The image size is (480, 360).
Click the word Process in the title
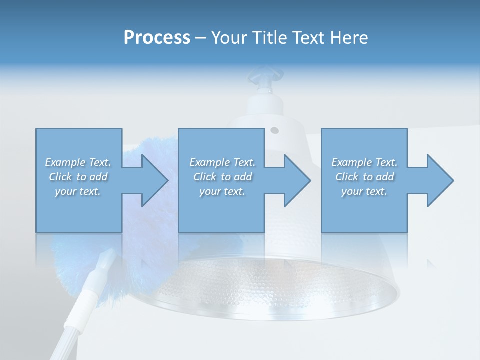[x=157, y=38]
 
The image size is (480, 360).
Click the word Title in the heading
[x=270, y=38]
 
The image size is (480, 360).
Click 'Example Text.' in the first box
[x=78, y=162]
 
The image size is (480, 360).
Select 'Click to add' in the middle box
[x=222, y=177]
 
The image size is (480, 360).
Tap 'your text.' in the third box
[x=364, y=191]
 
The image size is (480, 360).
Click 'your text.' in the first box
[x=78, y=191]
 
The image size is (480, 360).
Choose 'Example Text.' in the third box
[x=364, y=162]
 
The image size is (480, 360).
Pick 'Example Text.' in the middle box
[x=222, y=162]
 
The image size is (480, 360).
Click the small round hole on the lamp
[x=274, y=131]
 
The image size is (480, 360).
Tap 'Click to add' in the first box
[x=78, y=177]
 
